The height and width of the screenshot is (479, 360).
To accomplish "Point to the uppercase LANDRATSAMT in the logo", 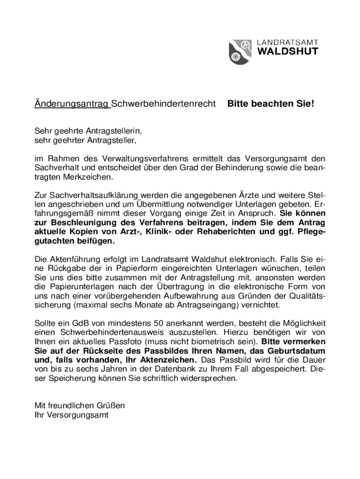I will click(x=288, y=42).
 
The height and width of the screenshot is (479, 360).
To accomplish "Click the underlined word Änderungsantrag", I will click(x=72, y=103).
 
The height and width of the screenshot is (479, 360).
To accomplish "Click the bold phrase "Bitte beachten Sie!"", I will click(x=271, y=103).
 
